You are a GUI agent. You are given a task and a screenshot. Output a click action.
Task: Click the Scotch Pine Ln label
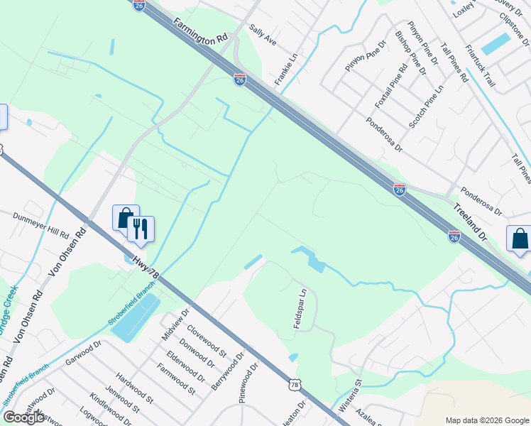coord(425,106)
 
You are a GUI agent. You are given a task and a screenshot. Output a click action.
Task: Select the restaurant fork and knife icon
coord(140,229)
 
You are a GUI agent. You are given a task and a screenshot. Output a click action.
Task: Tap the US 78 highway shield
coord(295,383)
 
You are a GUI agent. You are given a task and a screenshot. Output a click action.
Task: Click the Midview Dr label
coord(177,322)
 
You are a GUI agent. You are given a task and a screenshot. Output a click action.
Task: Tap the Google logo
coord(23,417)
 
